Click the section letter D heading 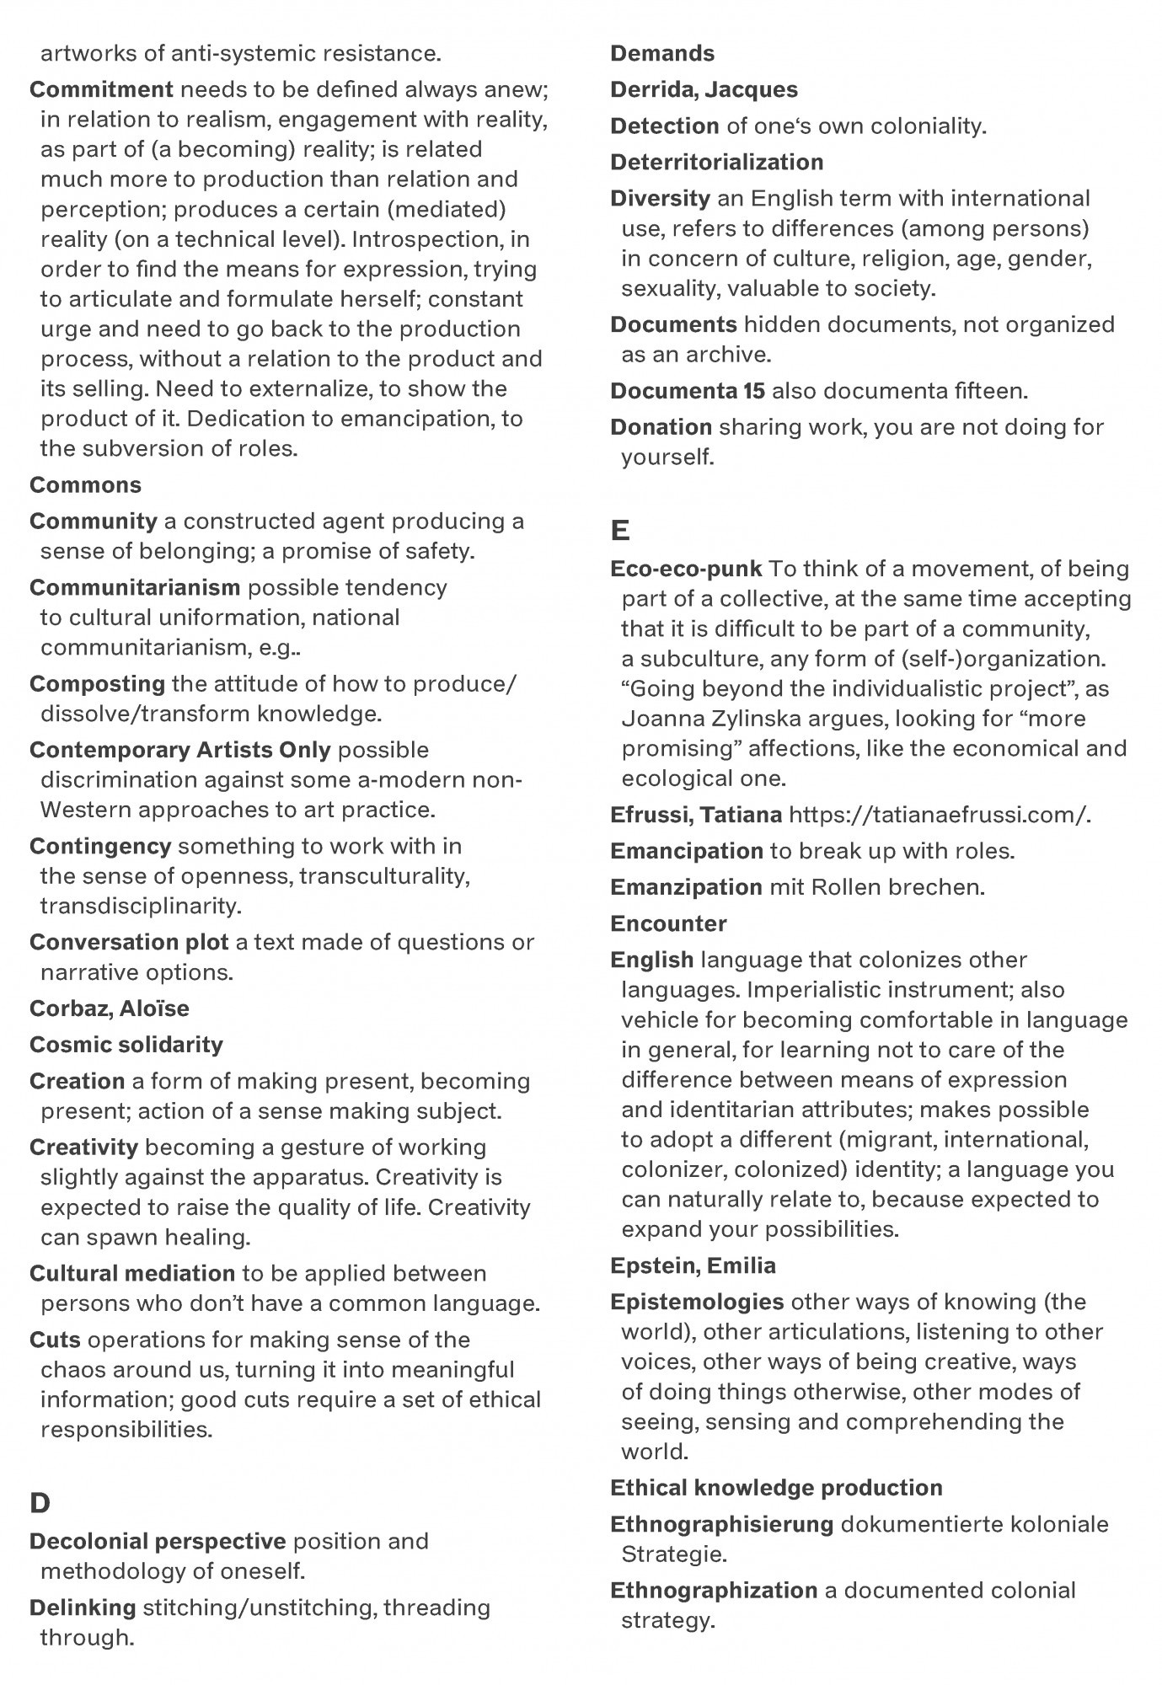pos(40,1503)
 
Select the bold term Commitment pos(101,89)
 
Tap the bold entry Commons pos(85,485)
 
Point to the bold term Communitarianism pos(135,587)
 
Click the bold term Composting pos(97,683)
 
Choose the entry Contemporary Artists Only pos(179,750)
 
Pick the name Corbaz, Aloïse pos(109,1008)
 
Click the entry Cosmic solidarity pos(126,1045)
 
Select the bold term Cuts pos(55,1340)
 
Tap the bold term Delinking pos(83,1607)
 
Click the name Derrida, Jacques pos(704,89)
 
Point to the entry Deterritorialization pos(716,162)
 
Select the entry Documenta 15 pos(687,391)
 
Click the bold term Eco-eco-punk pos(686,569)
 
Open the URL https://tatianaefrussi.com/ pos(939,815)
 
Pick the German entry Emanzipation pos(686,887)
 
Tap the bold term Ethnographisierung pos(721,1524)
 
